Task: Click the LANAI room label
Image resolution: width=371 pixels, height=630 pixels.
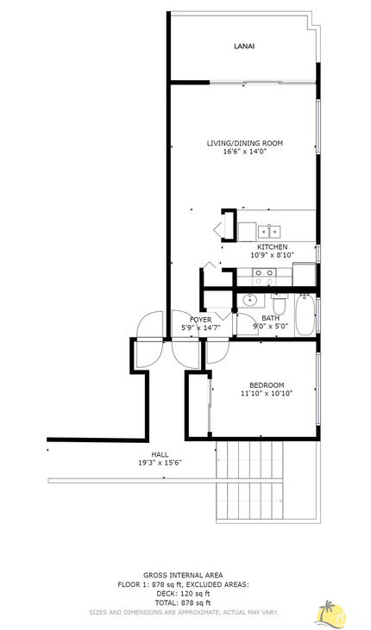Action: [243, 47]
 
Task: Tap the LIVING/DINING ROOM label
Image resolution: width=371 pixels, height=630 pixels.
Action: [244, 142]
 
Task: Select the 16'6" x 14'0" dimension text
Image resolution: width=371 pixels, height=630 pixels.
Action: [244, 152]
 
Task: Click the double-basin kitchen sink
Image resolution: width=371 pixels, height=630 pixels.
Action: [270, 231]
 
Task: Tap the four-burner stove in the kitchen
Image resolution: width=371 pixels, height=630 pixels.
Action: [263, 277]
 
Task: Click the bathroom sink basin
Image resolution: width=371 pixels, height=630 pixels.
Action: [250, 301]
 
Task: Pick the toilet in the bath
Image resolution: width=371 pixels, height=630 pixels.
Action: [278, 306]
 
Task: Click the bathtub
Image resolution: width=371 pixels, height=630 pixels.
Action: [305, 316]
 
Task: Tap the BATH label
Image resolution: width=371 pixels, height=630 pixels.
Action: [270, 318]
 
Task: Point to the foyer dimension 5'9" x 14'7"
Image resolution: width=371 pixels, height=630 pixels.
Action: [201, 328]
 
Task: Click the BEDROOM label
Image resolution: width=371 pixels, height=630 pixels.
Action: [267, 384]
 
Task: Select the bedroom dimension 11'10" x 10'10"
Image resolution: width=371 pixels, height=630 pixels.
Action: [267, 394]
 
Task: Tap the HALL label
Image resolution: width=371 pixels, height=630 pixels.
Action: [160, 454]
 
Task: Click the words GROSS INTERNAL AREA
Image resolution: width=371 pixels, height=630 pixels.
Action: [183, 575]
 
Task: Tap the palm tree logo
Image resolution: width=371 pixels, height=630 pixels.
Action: [330, 614]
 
